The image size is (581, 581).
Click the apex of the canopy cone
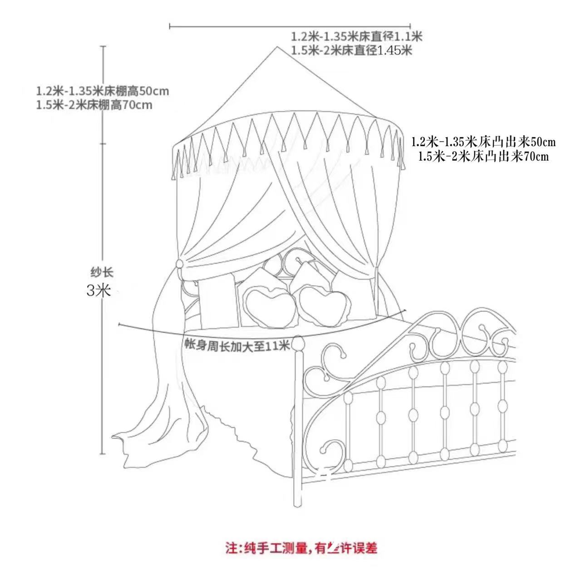pyautogui.click(x=276, y=47)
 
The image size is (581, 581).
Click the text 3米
pyautogui.click(x=98, y=290)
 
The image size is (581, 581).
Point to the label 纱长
pyautogui.click(x=101, y=272)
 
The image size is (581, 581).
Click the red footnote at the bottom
pyautogui.click(x=301, y=548)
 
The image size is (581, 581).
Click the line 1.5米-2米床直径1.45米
pyautogui.click(x=351, y=50)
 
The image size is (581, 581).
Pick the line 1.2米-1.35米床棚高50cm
pyautogui.click(x=103, y=91)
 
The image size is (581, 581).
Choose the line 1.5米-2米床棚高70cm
pyautogui.click(x=94, y=105)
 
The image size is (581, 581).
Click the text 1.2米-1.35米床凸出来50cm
pyautogui.click(x=483, y=142)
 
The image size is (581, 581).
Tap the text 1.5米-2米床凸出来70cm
pyautogui.click(x=483, y=157)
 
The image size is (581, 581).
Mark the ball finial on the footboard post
pyautogui.click(x=299, y=341)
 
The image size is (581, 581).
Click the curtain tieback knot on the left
pyautogui.click(x=180, y=264)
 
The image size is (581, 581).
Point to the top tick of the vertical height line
pyautogui.click(x=103, y=46)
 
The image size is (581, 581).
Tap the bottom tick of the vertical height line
pyautogui.click(x=103, y=453)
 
